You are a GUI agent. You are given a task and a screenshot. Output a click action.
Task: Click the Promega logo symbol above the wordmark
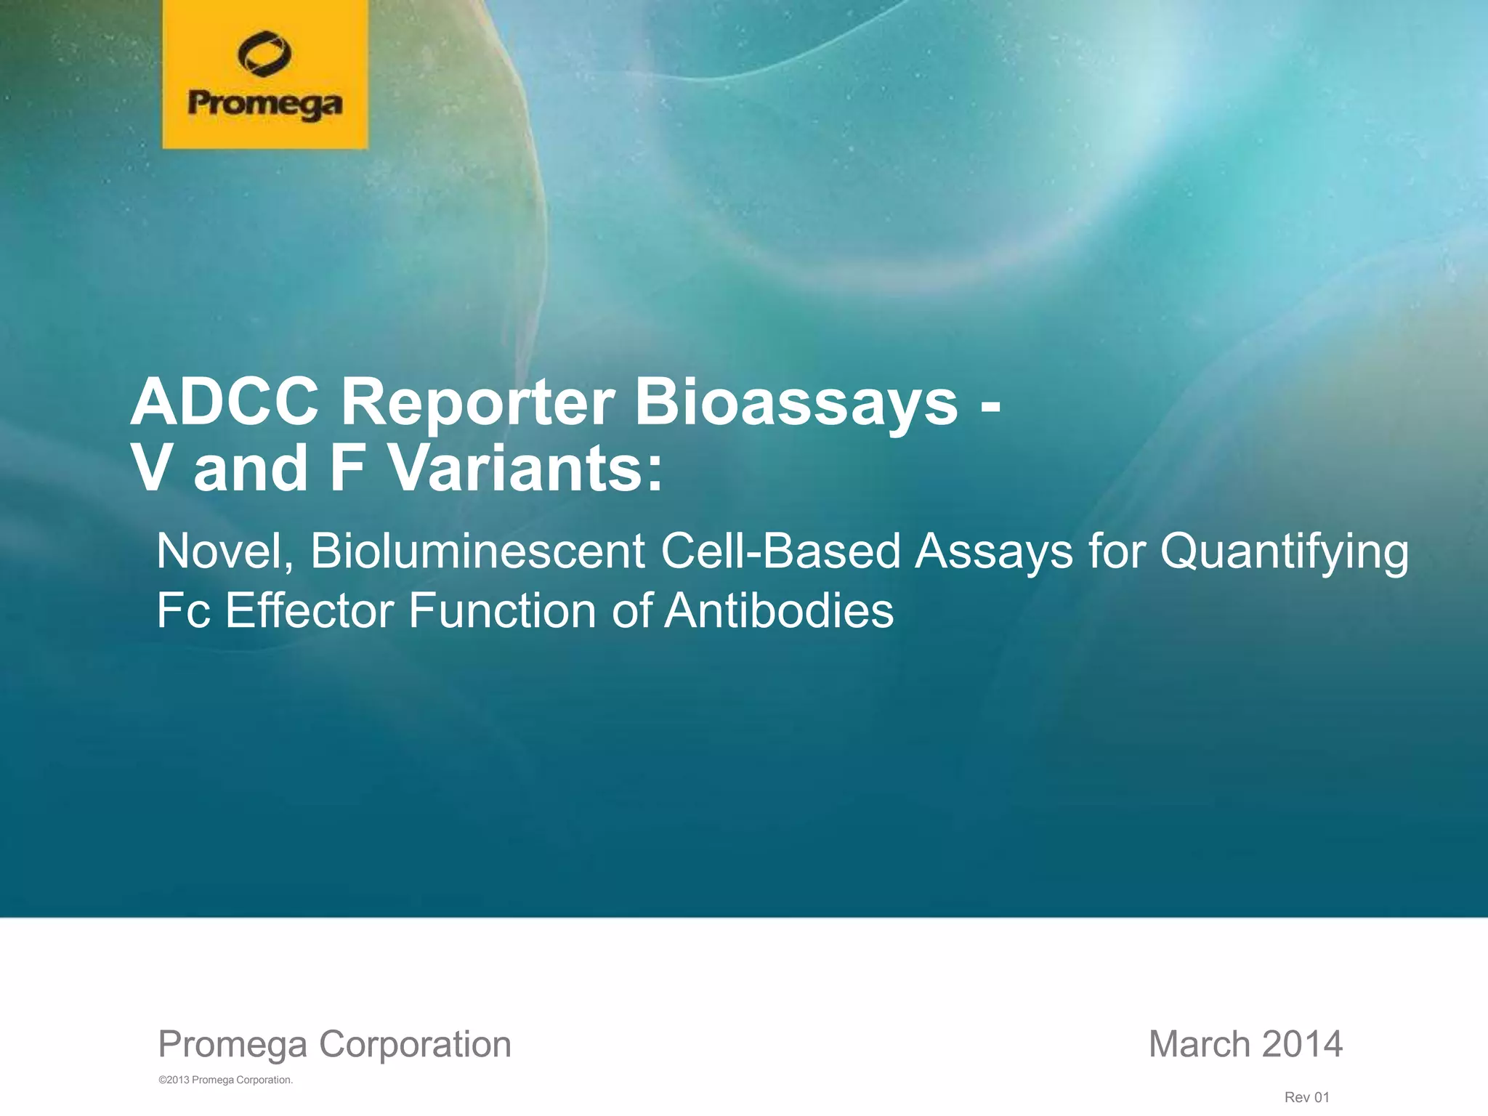pyautogui.click(x=264, y=54)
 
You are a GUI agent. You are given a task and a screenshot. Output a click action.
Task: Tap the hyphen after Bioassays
pyautogui.click(x=990, y=407)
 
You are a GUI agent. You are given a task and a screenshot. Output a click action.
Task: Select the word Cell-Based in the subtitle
pyautogui.click(x=781, y=551)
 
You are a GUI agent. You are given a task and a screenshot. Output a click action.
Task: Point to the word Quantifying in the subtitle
pyautogui.click(x=1284, y=551)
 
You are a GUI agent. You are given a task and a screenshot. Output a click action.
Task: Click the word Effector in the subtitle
pyautogui.click(x=310, y=610)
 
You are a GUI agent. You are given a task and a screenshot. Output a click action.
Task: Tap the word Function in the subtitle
pyautogui.click(x=502, y=610)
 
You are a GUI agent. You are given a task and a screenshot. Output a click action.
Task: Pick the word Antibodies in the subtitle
pyautogui.click(x=779, y=610)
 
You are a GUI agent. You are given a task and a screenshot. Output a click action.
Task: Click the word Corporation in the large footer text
pyautogui.click(x=415, y=1044)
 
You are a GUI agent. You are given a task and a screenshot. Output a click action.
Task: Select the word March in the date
pyautogui.click(x=1199, y=1044)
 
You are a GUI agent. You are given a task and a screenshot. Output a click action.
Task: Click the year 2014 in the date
pyautogui.click(x=1302, y=1044)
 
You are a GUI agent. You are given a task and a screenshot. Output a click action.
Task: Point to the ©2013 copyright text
pyautogui.click(x=225, y=1080)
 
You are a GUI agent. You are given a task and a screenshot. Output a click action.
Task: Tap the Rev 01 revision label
pyautogui.click(x=1306, y=1097)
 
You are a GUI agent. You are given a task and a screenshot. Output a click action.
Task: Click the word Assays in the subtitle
pyautogui.click(x=994, y=551)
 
